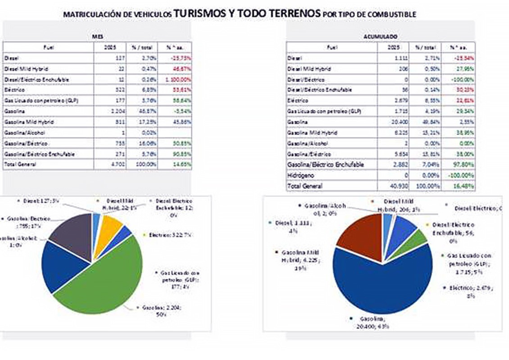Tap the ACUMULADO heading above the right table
[381, 36]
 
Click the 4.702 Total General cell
[110, 164]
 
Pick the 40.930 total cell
[393, 186]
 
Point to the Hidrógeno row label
[301, 175]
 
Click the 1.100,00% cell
[175, 79]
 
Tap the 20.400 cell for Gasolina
[393, 122]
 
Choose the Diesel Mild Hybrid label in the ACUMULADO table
[309, 68]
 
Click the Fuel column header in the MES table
[48, 46]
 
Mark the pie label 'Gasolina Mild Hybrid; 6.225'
[298, 260]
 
